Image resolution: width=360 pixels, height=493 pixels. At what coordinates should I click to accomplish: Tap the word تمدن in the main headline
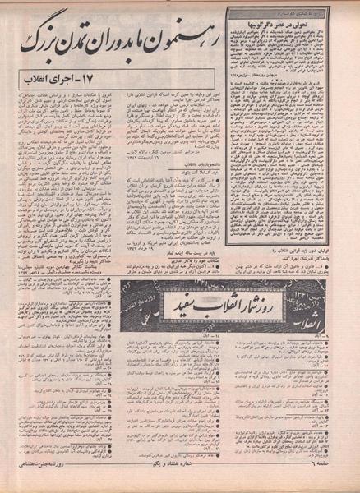(83, 32)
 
